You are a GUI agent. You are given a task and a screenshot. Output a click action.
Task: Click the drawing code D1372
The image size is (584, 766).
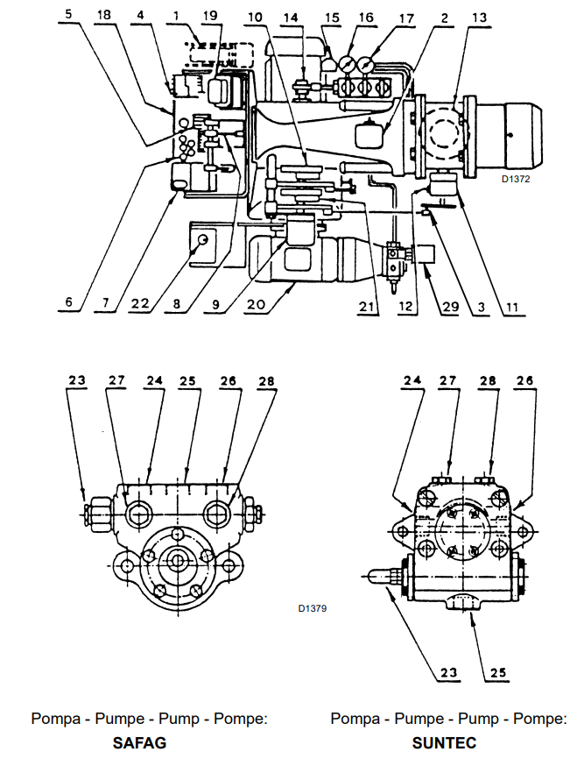pyautogui.click(x=516, y=179)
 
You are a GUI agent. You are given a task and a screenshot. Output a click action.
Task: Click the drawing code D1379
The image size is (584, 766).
pyautogui.click(x=313, y=608)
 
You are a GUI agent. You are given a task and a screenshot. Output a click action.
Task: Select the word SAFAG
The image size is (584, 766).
pyautogui.click(x=139, y=743)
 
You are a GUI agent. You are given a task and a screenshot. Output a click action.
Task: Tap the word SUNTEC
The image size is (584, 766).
pyautogui.click(x=444, y=743)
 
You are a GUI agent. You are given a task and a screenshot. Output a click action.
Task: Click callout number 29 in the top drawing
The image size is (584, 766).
pyautogui.click(x=450, y=306)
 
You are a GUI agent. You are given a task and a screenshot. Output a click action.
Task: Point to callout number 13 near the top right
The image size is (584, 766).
pyautogui.click(x=479, y=18)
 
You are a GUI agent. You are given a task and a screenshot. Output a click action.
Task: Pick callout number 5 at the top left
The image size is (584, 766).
pyautogui.click(x=68, y=13)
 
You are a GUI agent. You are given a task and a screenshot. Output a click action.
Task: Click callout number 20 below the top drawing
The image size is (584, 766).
pyautogui.click(x=256, y=304)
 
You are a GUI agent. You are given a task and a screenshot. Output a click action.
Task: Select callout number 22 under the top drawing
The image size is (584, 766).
pyautogui.click(x=140, y=303)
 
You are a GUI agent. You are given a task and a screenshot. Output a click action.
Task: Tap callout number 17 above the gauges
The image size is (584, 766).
pyautogui.click(x=406, y=18)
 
